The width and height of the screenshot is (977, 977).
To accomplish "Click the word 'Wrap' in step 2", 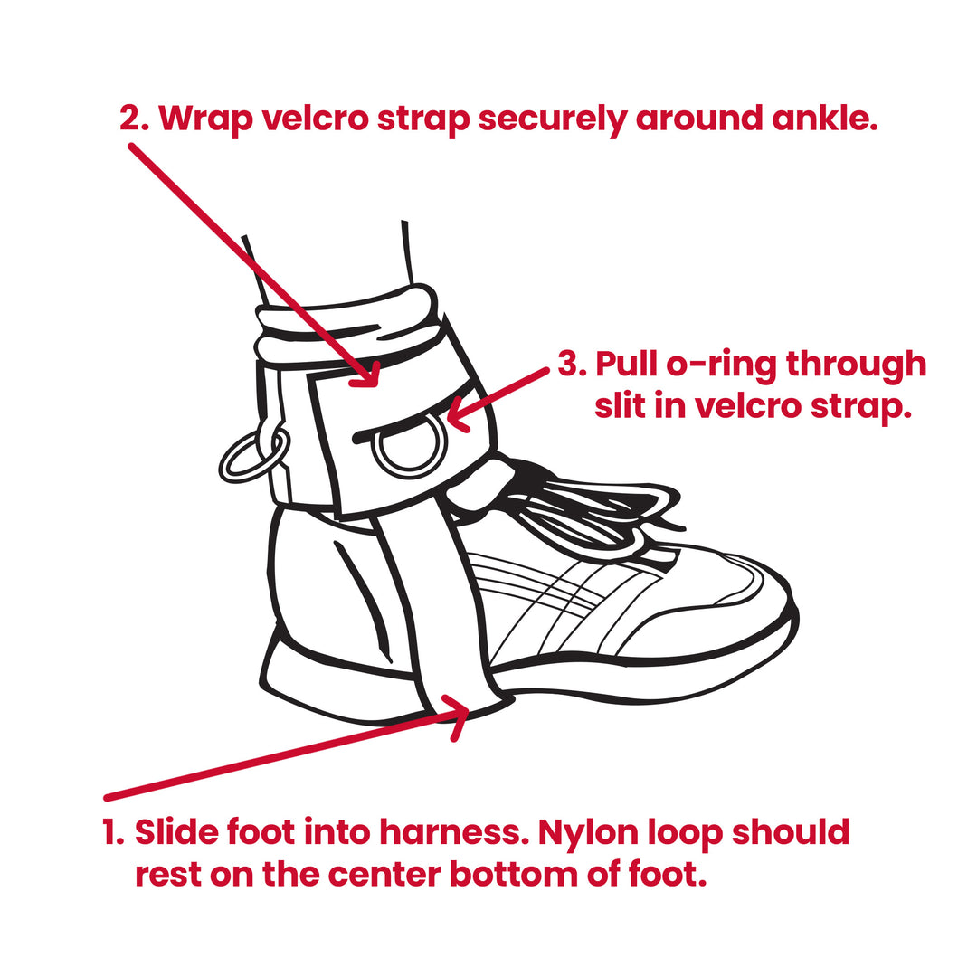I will point(205,119).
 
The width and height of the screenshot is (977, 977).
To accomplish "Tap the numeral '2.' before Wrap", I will point(136,119).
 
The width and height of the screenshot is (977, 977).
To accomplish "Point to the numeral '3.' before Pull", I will point(572,365).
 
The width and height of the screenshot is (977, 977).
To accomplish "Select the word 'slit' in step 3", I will point(626,406).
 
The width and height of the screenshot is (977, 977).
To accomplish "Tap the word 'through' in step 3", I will point(856,365).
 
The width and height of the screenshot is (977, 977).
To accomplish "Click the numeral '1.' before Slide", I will point(113,832).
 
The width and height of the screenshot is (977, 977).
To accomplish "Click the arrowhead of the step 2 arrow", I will point(369,376).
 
